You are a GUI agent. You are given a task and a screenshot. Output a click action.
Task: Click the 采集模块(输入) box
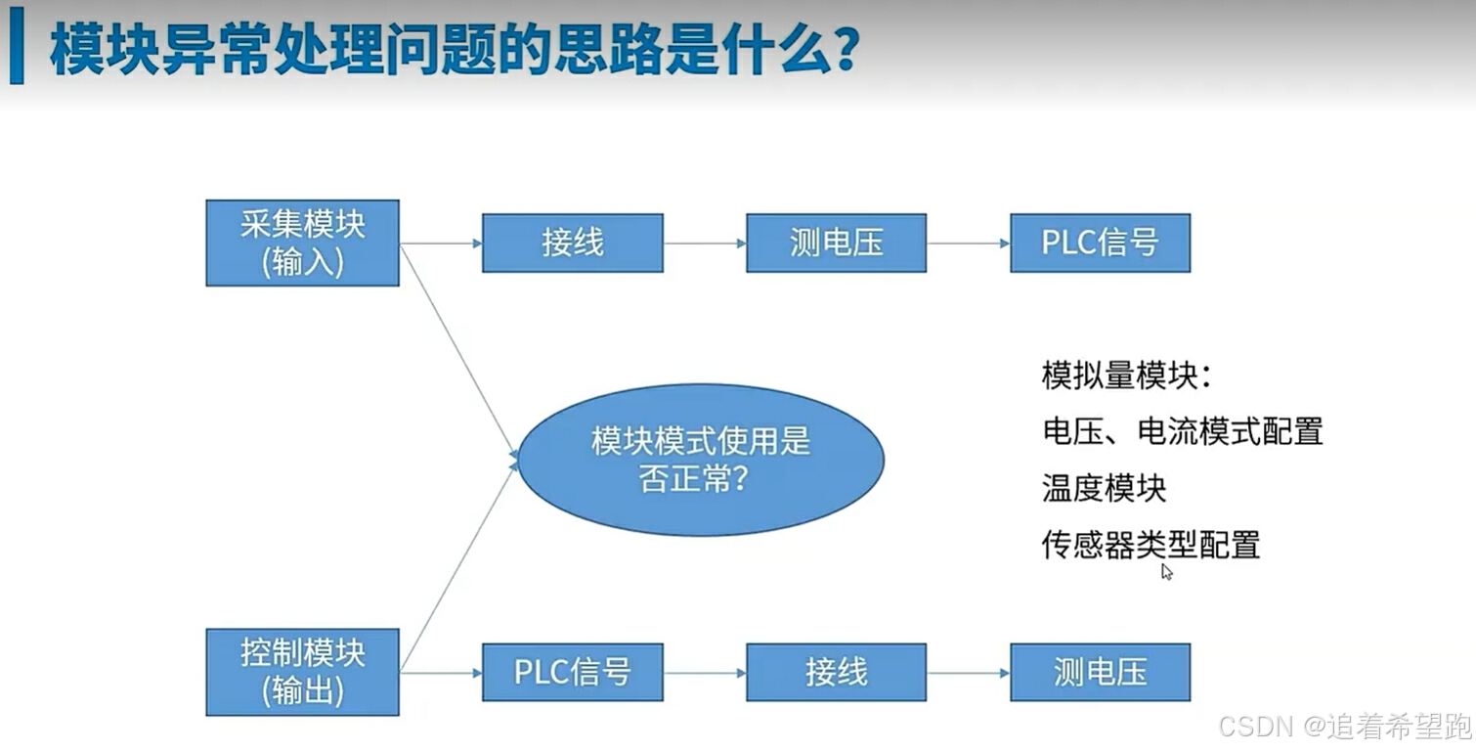point(302,243)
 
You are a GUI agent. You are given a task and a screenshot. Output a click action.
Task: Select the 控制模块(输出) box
point(302,672)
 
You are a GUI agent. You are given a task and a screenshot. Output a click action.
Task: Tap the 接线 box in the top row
point(572,243)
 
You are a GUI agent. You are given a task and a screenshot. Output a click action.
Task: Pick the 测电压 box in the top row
point(836,243)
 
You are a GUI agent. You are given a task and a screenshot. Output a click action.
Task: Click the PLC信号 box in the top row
point(1100,243)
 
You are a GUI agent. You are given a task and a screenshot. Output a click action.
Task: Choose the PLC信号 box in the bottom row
point(572,672)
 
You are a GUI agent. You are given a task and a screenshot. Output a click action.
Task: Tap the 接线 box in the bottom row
point(836,672)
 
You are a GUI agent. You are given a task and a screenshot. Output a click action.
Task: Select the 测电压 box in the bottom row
point(1100,672)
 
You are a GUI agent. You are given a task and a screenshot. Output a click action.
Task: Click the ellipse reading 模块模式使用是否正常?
point(700,460)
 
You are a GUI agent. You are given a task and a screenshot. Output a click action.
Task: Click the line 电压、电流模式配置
point(1182,431)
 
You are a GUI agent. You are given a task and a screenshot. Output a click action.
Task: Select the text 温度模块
point(1104,487)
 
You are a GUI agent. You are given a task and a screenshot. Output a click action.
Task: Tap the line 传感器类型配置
point(1150,544)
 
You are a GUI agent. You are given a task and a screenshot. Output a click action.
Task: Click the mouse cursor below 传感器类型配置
point(1166,572)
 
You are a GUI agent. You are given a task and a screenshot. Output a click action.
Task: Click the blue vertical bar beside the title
point(17,52)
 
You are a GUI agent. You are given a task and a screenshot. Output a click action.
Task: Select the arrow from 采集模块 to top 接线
point(440,243)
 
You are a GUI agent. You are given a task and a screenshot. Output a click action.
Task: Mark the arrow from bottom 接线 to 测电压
point(968,673)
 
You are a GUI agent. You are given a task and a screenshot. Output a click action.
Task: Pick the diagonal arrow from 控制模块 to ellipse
point(459,567)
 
